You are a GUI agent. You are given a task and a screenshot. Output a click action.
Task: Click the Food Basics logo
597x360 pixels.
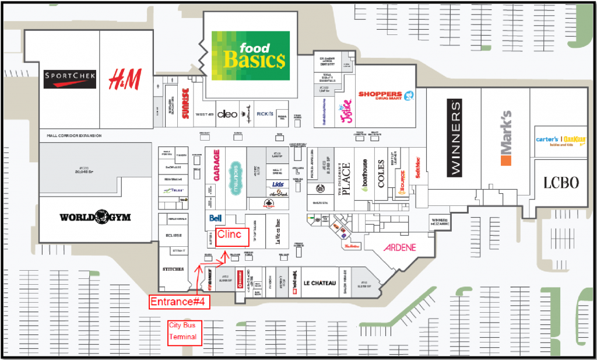tap(250, 57)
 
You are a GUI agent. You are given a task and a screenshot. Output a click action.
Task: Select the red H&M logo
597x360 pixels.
tap(125, 79)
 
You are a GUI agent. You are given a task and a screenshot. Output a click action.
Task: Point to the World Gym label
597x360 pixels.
tap(95, 218)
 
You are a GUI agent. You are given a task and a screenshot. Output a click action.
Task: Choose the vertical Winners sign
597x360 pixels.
tap(455, 138)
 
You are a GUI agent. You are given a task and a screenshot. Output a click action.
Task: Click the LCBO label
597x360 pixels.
tap(561, 183)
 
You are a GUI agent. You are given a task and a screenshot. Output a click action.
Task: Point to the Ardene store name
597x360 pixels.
tap(400, 247)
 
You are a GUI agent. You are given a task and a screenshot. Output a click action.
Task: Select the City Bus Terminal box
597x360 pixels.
tap(184, 333)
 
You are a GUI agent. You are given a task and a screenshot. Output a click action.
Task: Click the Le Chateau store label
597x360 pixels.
tap(320, 284)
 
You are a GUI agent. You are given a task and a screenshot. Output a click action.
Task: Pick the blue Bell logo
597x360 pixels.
tap(215, 218)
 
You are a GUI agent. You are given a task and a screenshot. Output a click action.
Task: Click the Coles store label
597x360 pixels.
tap(381, 174)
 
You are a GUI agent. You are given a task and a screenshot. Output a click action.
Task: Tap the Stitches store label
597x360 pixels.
tap(173, 270)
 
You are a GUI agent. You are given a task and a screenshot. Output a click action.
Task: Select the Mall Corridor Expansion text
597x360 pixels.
tap(74, 136)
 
